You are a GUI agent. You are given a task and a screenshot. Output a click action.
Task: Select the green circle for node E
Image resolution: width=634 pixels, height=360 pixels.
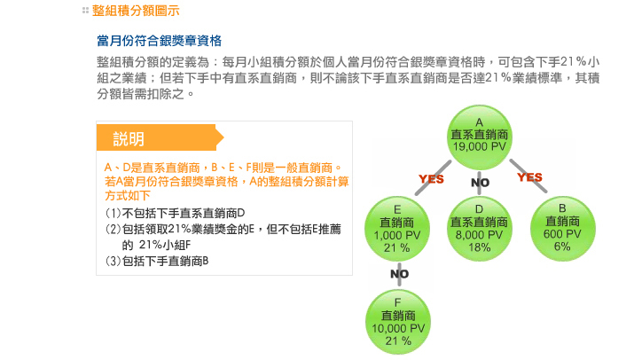pos(398,228)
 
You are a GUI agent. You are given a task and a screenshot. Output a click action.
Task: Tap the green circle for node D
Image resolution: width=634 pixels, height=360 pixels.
pos(479,228)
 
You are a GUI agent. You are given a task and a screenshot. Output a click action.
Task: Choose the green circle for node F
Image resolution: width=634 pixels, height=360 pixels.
pos(398,322)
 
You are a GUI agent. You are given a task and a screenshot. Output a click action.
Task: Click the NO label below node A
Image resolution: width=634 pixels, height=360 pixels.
pos(480,182)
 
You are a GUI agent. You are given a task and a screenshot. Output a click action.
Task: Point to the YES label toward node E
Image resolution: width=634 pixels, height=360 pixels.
pos(431,179)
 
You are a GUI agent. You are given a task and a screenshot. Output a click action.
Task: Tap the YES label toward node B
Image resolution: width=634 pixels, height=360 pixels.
pos(529,177)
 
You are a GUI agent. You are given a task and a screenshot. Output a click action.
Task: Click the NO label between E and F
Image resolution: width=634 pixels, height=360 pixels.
pos(399,274)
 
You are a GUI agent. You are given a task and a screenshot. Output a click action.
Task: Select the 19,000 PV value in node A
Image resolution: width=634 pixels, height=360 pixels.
pos(479,145)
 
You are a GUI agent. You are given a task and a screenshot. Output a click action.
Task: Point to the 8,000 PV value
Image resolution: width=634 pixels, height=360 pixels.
pos(479,235)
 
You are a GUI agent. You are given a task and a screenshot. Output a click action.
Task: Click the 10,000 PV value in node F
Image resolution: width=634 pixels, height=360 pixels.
pos(398,328)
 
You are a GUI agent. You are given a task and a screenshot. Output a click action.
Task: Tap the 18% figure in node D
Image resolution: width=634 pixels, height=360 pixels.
pos(479,247)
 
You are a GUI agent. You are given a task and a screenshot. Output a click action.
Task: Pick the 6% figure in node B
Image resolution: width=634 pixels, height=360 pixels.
pos(562,246)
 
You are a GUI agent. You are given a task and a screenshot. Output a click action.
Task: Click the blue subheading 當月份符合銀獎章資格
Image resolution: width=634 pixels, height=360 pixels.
pos(159,41)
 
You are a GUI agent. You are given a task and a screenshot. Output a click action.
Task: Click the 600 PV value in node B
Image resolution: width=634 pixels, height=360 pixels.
pos(562,233)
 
